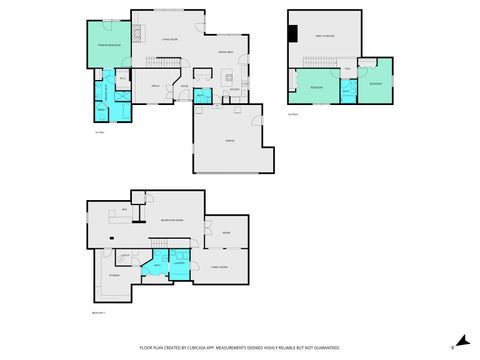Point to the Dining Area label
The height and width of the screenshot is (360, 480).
pos(225,51)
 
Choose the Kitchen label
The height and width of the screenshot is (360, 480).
pos(233,89)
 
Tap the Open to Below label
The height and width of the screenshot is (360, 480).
pos(324,37)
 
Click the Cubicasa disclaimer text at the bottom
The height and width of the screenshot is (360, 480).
pos(239,347)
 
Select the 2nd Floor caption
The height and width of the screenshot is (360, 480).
pos(293,115)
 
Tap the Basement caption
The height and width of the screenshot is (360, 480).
pos(98,312)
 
